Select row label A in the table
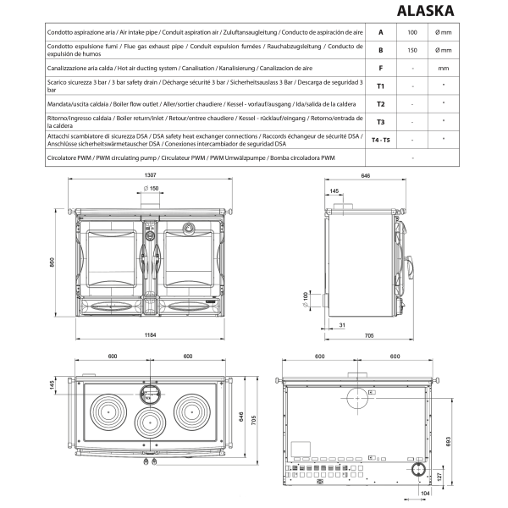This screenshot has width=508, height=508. tap(380, 31)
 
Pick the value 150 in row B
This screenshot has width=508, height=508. tap(412, 49)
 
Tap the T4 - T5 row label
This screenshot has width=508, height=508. tap(380, 140)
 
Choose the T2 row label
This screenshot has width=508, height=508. tap(380, 103)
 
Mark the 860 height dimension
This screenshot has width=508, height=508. tap(52, 263)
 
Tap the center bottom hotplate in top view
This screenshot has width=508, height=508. tap(149, 422)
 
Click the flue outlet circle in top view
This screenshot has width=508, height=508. tap(149, 392)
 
